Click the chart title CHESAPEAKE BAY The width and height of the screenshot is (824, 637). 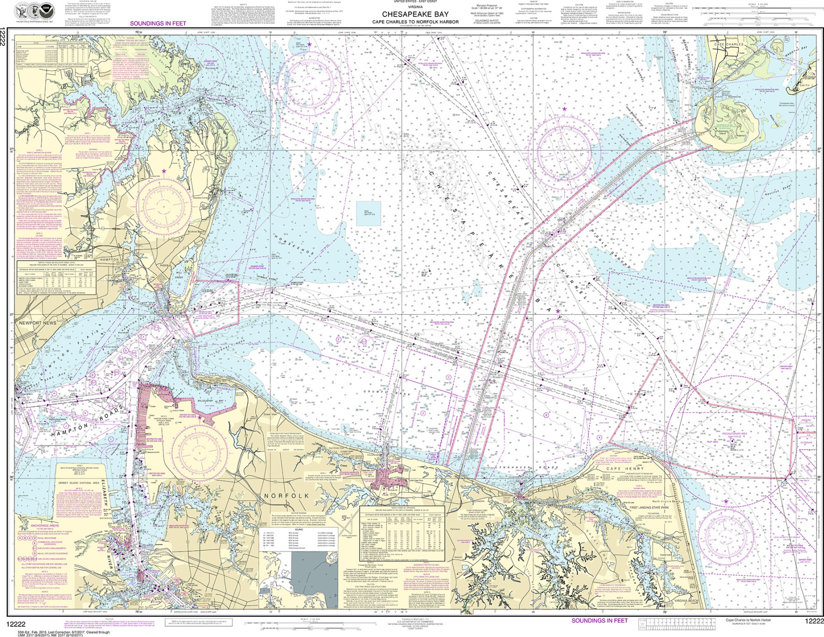click(x=415, y=14)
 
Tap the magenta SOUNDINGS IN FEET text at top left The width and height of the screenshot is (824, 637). click(x=158, y=23)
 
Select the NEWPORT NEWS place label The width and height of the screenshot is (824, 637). click(x=38, y=323)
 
